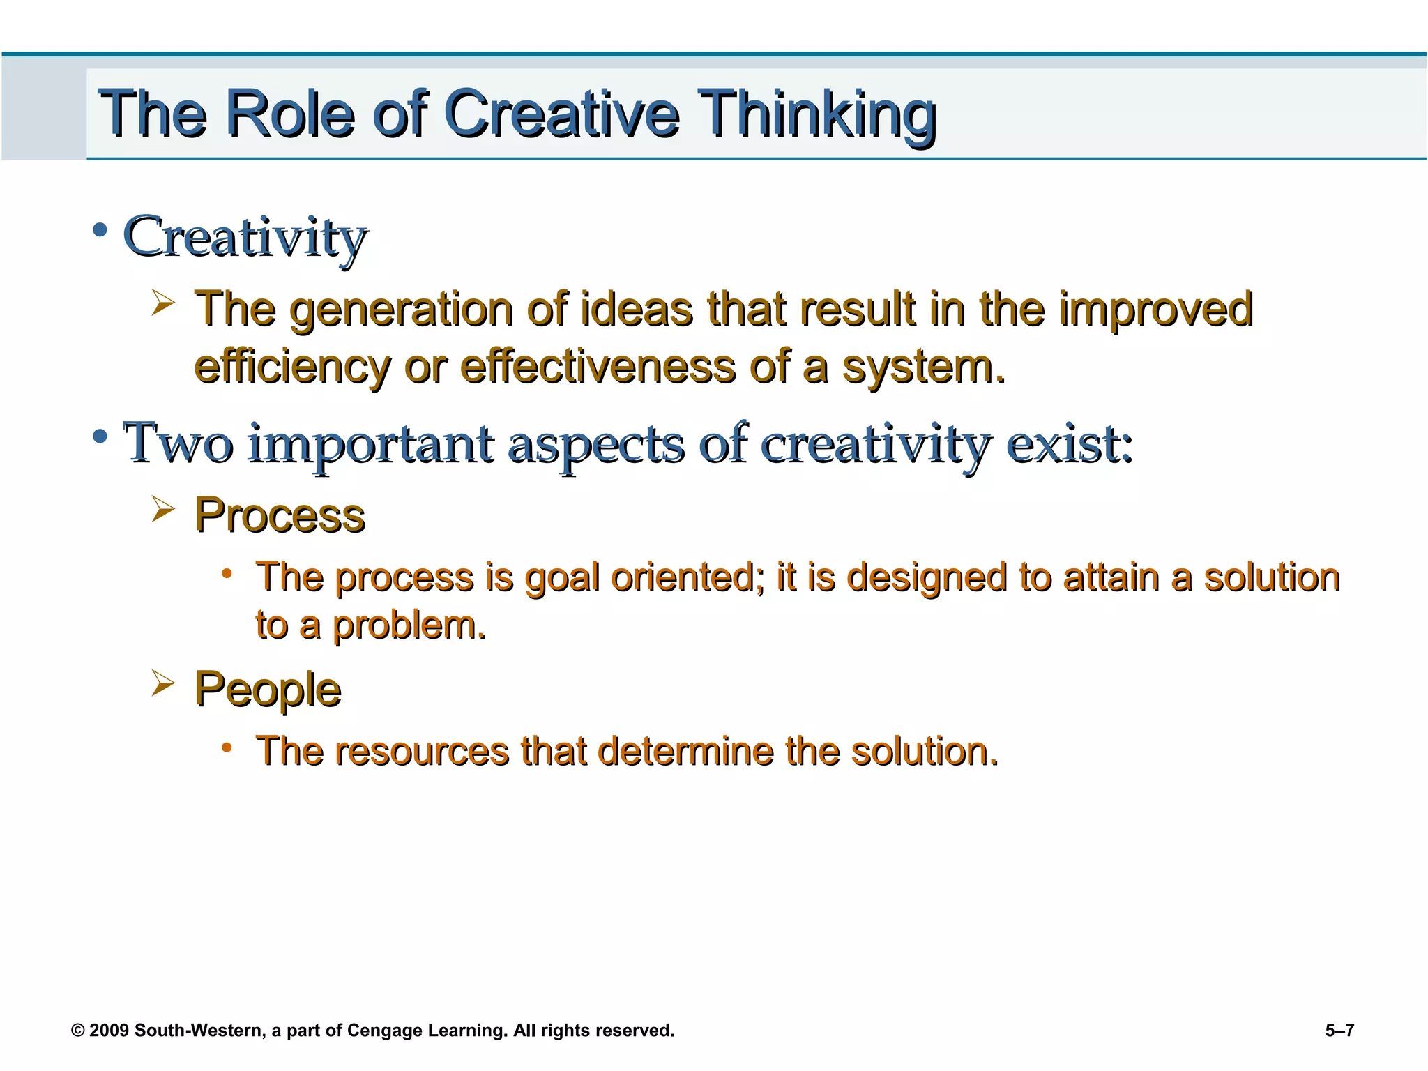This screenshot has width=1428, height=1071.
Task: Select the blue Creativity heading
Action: [245, 237]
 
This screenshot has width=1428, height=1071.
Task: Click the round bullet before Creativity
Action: [100, 229]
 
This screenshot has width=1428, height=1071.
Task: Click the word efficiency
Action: [291, 367]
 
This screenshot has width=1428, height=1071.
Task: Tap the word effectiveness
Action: [598, 367]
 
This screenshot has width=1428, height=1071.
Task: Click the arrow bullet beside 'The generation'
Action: [162, 303]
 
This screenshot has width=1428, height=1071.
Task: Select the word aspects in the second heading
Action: [596, 444]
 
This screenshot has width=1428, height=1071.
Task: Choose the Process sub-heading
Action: [280, 516]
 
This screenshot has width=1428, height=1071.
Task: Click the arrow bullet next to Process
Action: [162, 510]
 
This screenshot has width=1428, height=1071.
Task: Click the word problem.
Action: [409, 625]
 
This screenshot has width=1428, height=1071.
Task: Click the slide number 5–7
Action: [1339, 1031]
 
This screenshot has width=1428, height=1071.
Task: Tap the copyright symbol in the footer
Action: [78, 1031]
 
